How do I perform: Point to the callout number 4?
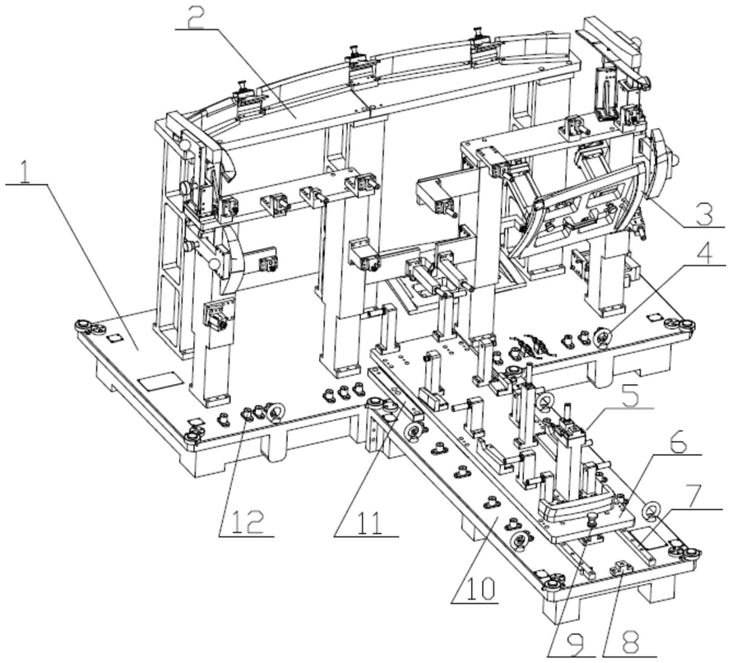pyautogui.click(x=705, y=250)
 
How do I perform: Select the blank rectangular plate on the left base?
pyautogui.click(x=160, y=382)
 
